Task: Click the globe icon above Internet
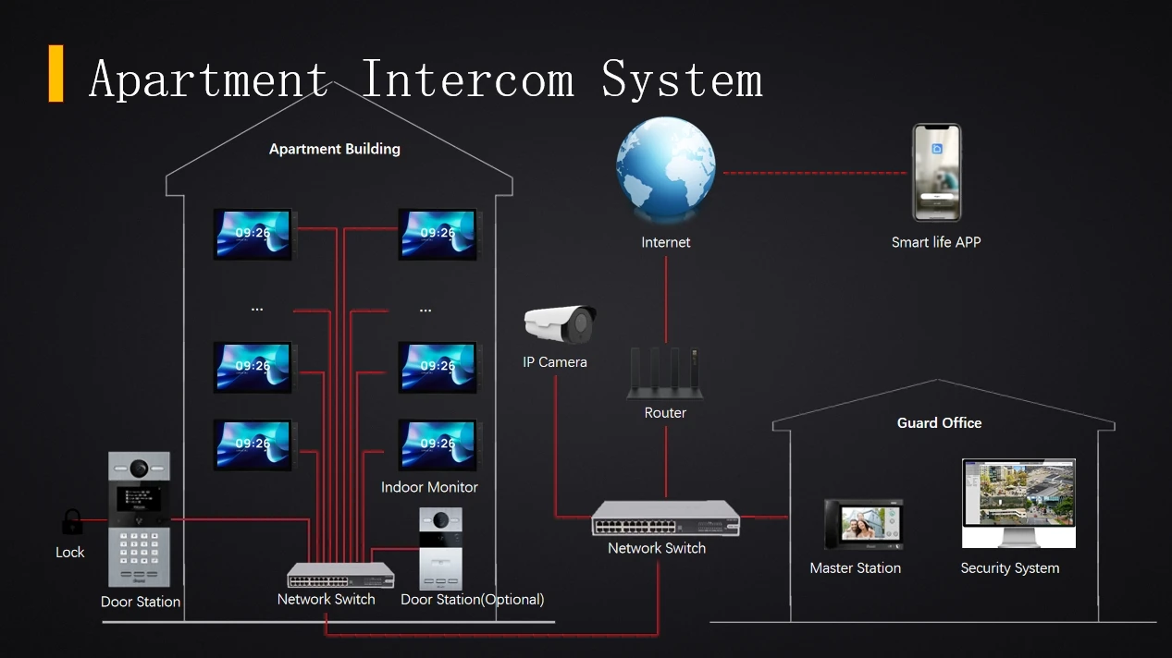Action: (x=665, y=168)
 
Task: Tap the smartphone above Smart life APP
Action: (x=936, y=173)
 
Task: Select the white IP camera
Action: (x=560, y=324)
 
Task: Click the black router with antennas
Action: (x=665, y=374)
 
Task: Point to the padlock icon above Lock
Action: (x=72, y=521)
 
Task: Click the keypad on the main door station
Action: (x=139, y=548)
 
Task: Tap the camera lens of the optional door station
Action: (x=440, y=520)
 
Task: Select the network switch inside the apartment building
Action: (x=340, y=575)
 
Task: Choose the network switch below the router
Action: (x=665, y=518)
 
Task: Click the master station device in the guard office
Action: (x=863, y=524)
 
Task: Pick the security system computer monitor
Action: (x=1018, y=504)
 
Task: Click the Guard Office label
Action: (x=939, y=423)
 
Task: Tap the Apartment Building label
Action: (x=335, y=149)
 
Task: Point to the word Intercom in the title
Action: (x=468, y=79)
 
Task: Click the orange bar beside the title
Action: (x=56, y=73)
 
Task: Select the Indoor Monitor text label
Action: (x=429, y=487)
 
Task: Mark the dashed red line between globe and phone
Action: (x=815, y=173)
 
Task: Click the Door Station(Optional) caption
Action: (x=473, y=600)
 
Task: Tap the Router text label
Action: (x=665, y=413)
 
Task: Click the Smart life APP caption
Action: (x=936, y=242)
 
